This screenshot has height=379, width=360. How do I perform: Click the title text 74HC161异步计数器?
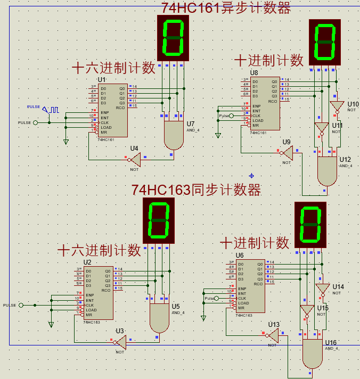point(226,8)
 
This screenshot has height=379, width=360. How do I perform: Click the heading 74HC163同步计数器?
point(196,190)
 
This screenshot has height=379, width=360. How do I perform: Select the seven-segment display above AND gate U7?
point(173,38)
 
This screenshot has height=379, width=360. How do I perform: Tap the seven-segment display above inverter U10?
point(325,42)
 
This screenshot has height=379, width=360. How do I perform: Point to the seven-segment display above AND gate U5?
point(159,220)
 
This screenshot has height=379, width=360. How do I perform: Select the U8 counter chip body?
point(265,103)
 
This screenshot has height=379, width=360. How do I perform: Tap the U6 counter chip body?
point(250,286)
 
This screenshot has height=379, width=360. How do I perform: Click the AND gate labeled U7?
point(173,136)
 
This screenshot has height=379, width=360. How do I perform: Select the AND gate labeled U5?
point(159,318)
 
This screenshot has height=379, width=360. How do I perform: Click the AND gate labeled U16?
point(313,354)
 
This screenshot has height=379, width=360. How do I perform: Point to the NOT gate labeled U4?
point(135,159)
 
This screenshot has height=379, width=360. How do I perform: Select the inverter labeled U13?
point(273,335)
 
